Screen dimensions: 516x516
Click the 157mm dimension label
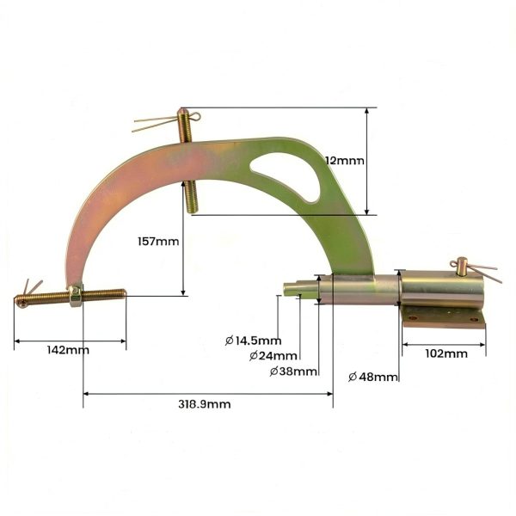pyautogui.click(x=158, y=242)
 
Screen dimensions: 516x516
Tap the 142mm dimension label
pyautogui.click(x=68, y=350)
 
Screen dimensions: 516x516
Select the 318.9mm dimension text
pyautogui.click(x=205, y=404)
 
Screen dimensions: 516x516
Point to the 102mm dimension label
pyautogui.click(x=446, y=353)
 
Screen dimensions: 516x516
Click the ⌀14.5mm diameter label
pyautogui.click(x=253, y=341)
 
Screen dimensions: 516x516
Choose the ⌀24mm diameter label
pyautogui.click(x=273, y=356)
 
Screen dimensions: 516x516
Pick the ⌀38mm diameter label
pyautogui.click(x=293, y=372)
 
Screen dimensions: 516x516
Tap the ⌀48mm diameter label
pyautogui.click(x=373, y=377)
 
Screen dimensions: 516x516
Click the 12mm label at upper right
pyautogui.click(x=345, y=161)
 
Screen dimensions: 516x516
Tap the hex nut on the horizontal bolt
pyautogui.click(x=76, y=296)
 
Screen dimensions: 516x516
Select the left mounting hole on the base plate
pyautogui.click(x=412, y=318)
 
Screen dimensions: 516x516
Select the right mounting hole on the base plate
pyautogui.click(x=474, y=319)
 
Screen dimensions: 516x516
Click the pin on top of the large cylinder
pyautogui.click(x=462, y=266)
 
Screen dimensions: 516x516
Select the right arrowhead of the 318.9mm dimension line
pyautogui.click(x=329, y=394)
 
